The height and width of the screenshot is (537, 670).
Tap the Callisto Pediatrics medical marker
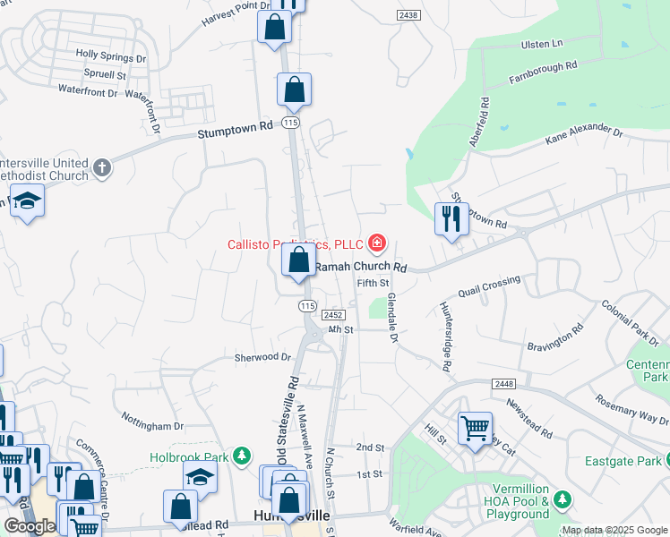pos(377,243)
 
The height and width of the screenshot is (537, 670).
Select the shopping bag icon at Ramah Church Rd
pos(299,260)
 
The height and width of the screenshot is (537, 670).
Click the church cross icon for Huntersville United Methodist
pos(102,167)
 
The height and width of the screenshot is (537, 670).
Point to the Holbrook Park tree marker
pos(241,456)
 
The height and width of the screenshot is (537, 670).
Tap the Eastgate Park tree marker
pos(663,461)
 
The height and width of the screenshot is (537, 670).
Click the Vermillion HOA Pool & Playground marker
pos(562,499)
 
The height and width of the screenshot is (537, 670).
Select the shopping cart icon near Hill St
pos(475,427)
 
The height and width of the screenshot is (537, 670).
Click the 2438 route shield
pos(408,16)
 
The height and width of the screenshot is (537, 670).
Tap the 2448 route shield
pos(503,383)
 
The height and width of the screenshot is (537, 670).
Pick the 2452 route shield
pos(334,315)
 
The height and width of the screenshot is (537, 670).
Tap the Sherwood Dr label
pos(263,356)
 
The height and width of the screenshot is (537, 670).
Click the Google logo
pos(30,526)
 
